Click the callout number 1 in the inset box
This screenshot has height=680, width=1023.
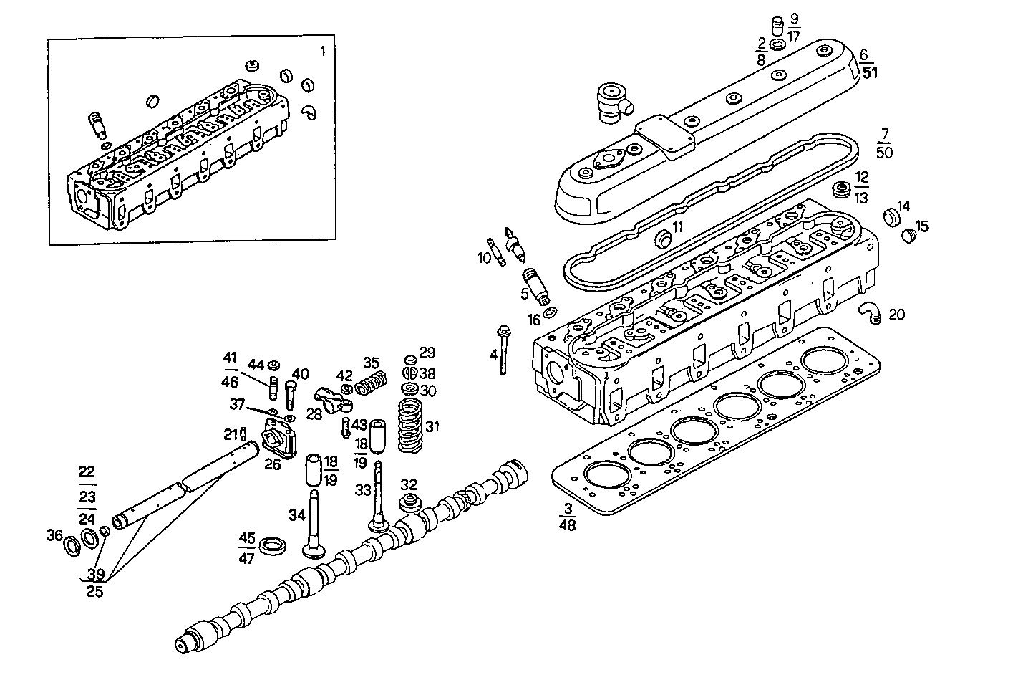point(323,51)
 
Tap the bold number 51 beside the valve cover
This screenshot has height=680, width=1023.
point(870,72)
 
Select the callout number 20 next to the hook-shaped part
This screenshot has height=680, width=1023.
point(896,315)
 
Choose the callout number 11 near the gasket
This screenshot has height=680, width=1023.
point(678,227)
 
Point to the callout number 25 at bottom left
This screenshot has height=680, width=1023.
point(94,591)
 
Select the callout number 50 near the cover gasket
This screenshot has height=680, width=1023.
point(884,153)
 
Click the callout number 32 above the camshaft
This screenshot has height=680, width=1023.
point(409,484)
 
